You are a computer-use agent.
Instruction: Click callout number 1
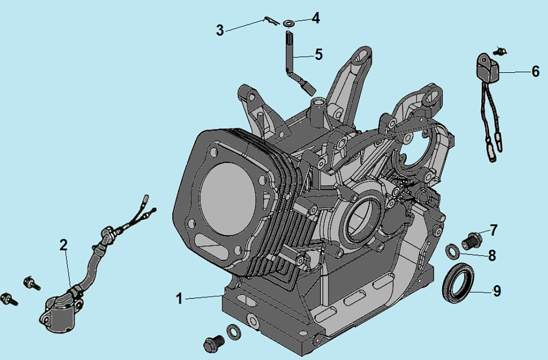(x=179, y=298)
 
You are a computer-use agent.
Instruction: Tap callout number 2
(x=63, y=245)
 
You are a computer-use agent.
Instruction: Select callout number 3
(x=220, y=30)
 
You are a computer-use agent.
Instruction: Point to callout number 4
(x=315, y=18)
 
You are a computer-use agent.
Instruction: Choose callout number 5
(x=319, y=54)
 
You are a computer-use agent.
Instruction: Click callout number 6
(x=535, y=71)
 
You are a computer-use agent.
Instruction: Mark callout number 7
(x=493, y=231)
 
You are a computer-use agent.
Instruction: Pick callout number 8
(x=492, y=256)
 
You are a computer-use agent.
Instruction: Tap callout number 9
(x=497, y=291)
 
